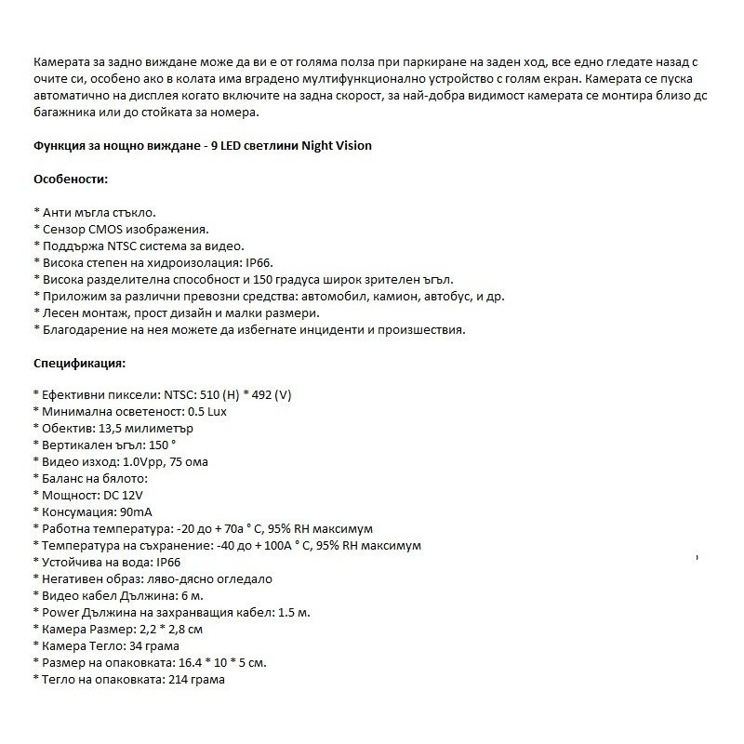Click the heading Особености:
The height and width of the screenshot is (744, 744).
[71, 179]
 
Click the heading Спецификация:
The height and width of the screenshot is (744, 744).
[79, 363]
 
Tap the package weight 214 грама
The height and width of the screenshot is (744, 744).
[195, 680]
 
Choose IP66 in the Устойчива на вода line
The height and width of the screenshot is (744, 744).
[168, 563]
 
